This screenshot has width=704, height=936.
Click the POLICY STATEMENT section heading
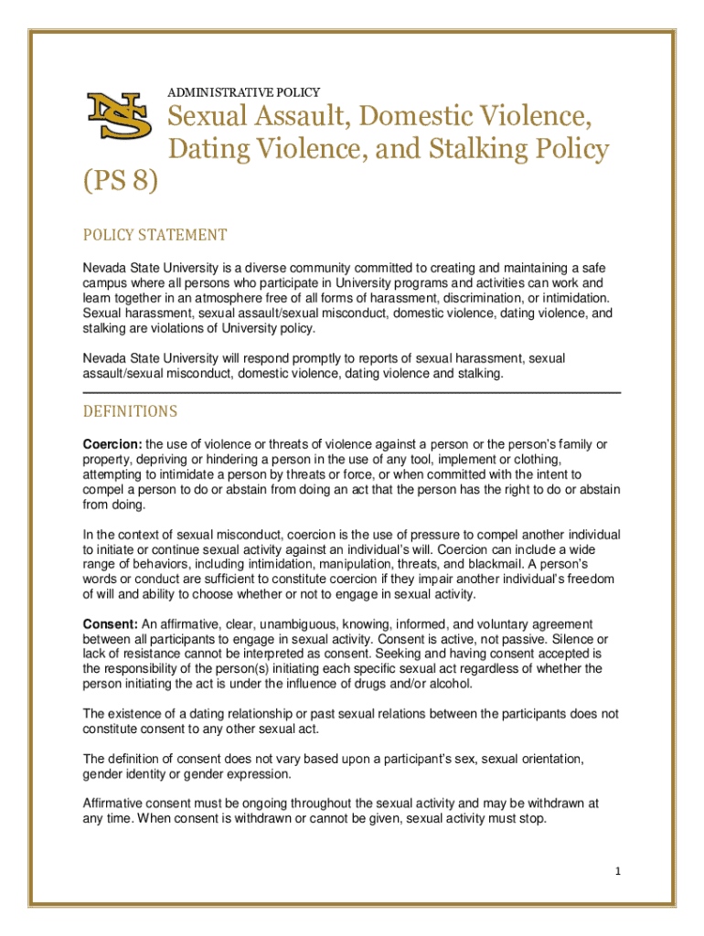coord(155,236)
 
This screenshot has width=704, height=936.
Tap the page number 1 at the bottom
coord(619,871)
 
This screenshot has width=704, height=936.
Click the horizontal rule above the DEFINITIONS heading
coord(352,393)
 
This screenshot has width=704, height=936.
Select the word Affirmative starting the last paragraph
coord(117,803)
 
